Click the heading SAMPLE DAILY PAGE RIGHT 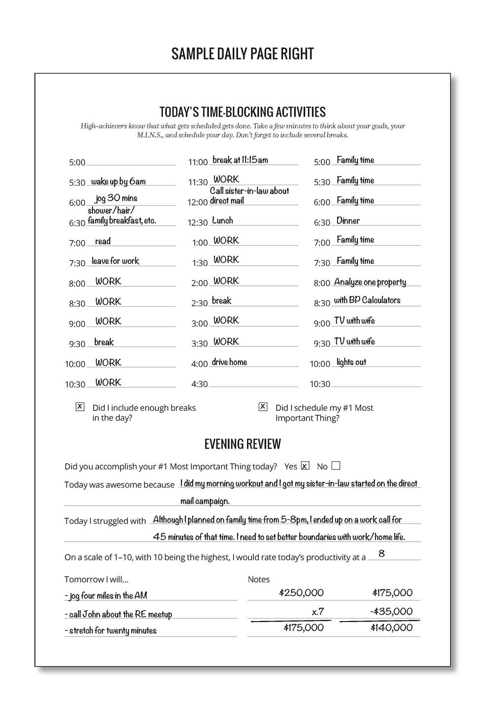tap(243, 54)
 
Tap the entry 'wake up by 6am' tap(118, 182)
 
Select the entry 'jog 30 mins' tap(116, 198)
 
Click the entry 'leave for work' tap(116, 261)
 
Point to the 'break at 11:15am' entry tap(240, 160)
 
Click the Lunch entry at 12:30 tap(222, 221)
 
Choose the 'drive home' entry tap(229, 362)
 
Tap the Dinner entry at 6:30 tap(348, 221)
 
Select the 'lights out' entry tap(351, 362)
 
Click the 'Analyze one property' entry tap(370, 282)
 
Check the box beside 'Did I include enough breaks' tap(80, 407)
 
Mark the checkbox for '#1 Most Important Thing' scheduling tap(263, 407)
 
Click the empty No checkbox tap(336, 466)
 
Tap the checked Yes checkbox tap(305, 466)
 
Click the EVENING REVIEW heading tap(243, 444)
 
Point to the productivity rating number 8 tap(381, 554)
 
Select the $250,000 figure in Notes tap(301, 592)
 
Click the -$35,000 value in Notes tap(391, 611)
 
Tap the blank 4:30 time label tap(200, 384)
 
